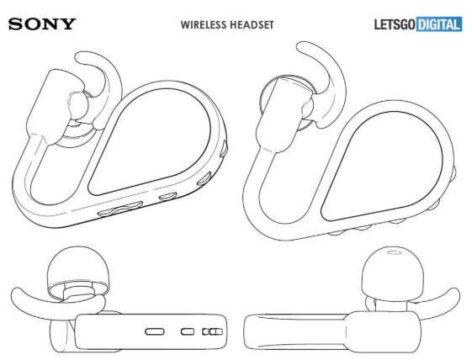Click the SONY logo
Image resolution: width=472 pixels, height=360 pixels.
(x=42, y=24)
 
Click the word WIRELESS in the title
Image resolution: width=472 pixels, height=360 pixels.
(x=204, y=24)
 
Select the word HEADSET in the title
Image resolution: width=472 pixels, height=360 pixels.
(x=252, y=24)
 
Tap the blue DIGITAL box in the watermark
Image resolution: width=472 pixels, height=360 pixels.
(x=439, y=24)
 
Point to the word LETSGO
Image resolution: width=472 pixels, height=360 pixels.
(x=395, y=24)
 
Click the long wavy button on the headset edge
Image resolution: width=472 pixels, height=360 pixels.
(x=120, y=209)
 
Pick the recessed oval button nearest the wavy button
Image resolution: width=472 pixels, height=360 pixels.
(x=168, y=196)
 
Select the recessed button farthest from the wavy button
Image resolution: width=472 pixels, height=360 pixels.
(x=224, y=148)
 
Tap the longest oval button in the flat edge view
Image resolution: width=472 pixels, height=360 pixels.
(x=155, y=331)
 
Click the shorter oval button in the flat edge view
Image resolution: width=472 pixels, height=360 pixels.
(x=188, y=331)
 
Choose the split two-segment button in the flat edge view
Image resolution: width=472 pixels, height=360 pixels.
(x=216, y=331)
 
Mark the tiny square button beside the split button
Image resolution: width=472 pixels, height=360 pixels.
(x=205, y=331)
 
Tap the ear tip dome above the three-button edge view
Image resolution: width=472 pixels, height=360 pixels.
(x=77, y=267)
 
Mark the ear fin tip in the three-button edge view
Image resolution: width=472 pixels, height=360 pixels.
(x=17, y=294)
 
